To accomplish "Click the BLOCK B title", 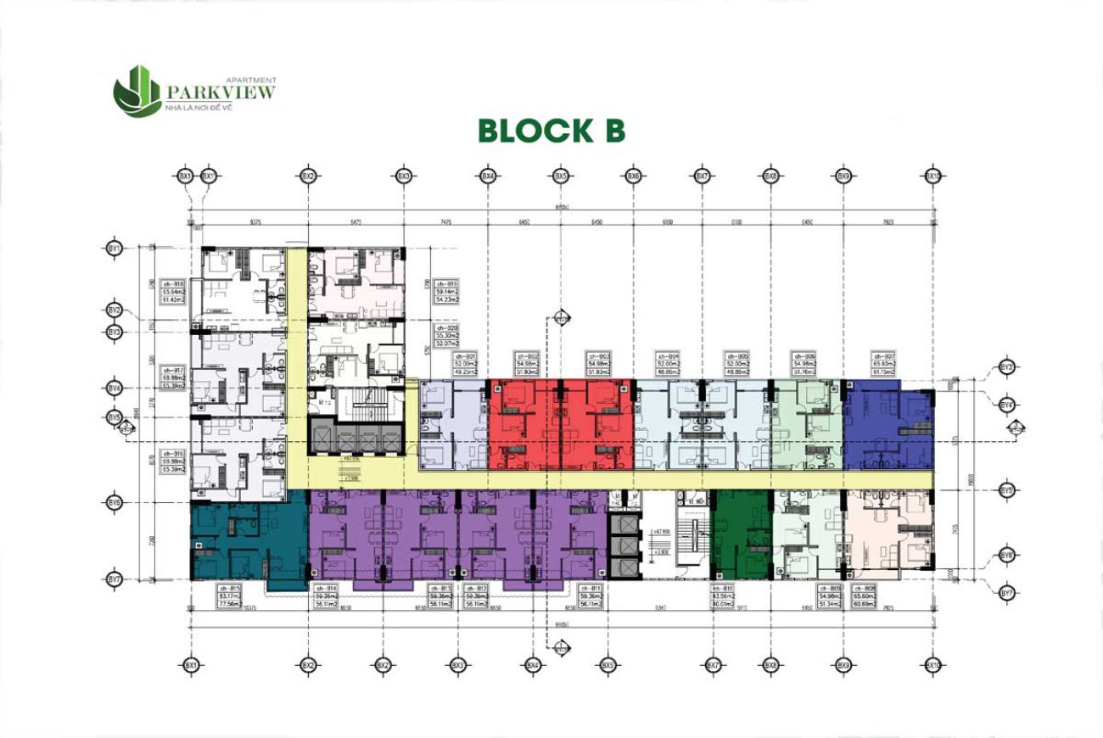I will coord(551,131).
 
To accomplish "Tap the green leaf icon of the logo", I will coord(137,90).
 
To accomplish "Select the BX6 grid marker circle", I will coord(632,176).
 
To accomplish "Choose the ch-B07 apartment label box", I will coord(884,363).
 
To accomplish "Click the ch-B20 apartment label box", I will coord(446,334).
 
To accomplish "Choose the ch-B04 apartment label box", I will coord(669,363).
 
